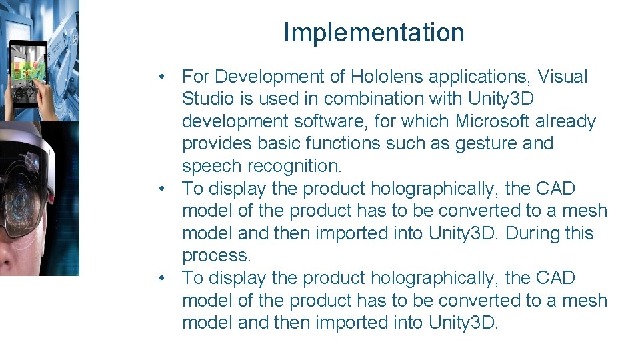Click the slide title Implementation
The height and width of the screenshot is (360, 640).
point(373,32)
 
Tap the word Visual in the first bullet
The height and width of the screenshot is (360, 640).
point(559,77)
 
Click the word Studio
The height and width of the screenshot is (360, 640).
point(209,99)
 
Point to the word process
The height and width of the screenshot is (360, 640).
point(216,255)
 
